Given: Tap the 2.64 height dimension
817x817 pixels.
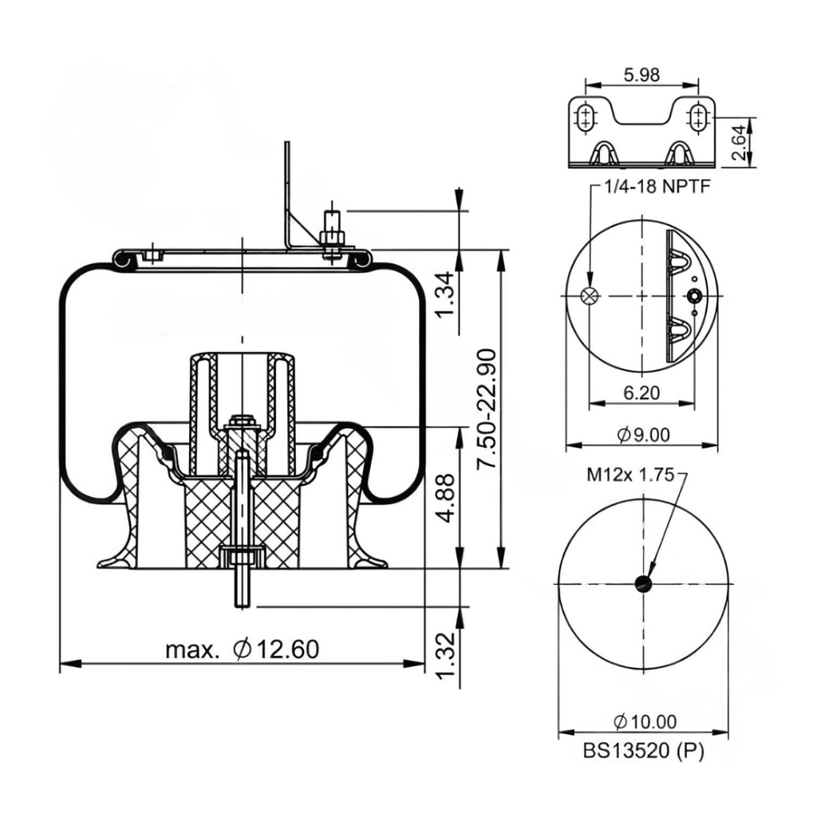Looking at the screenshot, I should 740,142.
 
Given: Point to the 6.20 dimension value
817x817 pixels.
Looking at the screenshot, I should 641,393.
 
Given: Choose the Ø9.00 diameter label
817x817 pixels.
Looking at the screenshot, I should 643,435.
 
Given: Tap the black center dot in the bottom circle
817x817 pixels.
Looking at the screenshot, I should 643,584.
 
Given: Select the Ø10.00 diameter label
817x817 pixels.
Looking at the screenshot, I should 645,722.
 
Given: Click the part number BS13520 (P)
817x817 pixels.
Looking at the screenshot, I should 643,750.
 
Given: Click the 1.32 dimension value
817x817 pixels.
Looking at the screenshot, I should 448,659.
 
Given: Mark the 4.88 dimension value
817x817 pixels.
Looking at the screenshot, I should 448,498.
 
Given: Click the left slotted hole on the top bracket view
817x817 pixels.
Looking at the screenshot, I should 586,119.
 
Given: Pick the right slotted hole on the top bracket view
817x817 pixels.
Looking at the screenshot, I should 698,119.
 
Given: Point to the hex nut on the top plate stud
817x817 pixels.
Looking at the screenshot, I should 332,237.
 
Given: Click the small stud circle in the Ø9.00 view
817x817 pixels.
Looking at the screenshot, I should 695,297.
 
